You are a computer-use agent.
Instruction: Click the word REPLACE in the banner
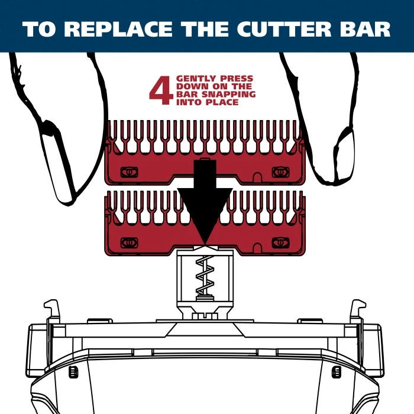118,29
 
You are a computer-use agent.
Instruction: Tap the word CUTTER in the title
284,29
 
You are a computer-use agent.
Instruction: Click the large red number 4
161,90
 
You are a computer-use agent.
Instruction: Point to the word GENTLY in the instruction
196,79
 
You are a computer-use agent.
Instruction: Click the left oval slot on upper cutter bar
129,173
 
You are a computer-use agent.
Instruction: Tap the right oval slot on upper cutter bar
280,173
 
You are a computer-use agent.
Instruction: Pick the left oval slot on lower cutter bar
129,243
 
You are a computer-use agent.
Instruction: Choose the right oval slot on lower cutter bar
280,243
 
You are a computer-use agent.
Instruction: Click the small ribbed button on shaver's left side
73,372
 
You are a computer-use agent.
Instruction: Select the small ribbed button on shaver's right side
336,372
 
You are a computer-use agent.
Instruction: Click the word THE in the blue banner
205,29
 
